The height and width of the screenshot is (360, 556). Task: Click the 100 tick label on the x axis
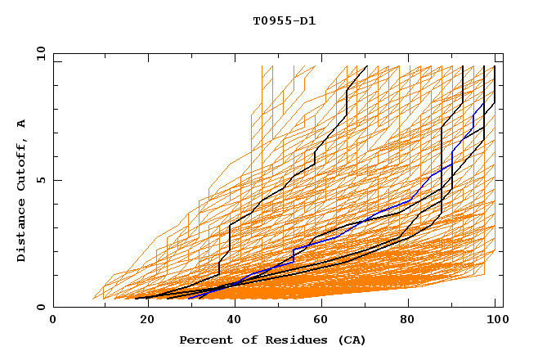click(x=495, y=321)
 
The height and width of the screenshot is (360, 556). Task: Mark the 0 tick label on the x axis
click(x=53, y=321)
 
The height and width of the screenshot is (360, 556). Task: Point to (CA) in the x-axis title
click(x=350, y=340)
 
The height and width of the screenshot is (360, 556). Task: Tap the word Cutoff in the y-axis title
click(x=21, y=164)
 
